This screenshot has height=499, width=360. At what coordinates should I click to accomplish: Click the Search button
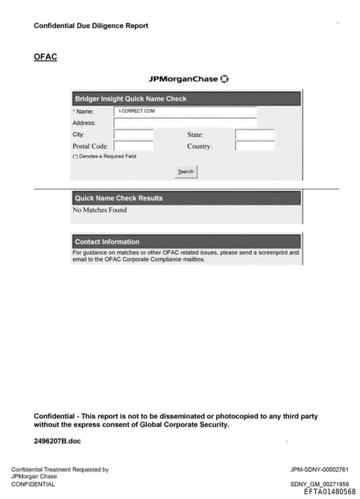point(186,171)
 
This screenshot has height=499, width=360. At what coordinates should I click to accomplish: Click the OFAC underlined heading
point(45,56)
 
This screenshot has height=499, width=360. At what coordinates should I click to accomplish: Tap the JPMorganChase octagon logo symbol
point(224,78)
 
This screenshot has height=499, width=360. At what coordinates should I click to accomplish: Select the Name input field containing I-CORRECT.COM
point(186,111)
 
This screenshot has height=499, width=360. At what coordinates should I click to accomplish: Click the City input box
point(134,134)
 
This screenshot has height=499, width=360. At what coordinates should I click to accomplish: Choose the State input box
point(255,134)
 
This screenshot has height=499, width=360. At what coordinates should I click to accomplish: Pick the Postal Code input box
point(134,146)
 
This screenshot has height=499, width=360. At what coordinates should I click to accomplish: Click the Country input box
point(255,146)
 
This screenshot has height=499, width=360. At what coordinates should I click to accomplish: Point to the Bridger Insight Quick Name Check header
point(131,99)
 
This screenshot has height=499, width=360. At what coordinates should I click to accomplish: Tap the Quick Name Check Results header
point(119,198)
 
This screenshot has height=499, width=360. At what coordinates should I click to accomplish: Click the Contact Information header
point(107,242)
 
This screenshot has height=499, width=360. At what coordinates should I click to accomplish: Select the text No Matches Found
point(100,209)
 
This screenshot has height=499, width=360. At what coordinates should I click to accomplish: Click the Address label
point(84,123)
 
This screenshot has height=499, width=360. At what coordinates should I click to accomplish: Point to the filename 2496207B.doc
point(57,441)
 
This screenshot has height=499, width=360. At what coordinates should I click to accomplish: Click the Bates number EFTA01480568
point(330,492)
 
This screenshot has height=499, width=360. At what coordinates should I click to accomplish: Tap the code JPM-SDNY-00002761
point(319,469)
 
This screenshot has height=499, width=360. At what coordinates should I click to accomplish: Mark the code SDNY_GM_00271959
point(319,484)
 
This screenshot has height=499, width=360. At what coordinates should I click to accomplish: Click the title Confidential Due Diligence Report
point(91,26)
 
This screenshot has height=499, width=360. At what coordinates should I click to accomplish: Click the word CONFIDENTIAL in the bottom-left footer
point(33,484)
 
